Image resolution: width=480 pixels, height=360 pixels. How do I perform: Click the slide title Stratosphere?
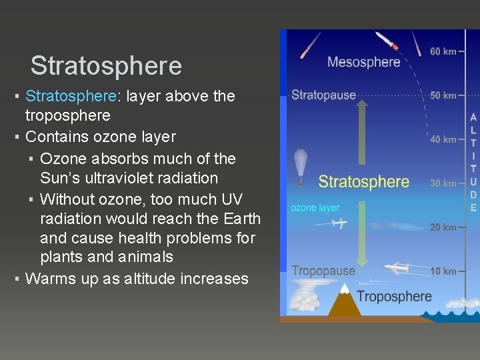click(106, 66)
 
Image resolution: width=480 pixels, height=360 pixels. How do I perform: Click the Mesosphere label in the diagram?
click(363, 62)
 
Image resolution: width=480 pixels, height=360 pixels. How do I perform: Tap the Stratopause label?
click(323, 95)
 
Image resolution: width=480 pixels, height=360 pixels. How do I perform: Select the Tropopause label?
click(323, 271)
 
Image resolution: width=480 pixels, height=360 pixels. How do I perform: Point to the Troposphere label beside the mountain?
click(394, 296)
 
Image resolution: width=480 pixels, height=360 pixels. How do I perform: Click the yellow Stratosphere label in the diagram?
click(363, 181)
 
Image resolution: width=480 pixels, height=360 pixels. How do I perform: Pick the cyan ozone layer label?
click(315, 208)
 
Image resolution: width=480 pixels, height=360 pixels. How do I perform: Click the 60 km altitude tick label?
click(443, 51)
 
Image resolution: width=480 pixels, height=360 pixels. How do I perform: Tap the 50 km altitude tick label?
click(443, 95)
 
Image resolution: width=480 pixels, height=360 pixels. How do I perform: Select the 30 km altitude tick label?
click(443, 183)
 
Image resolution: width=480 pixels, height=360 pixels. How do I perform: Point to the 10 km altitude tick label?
click(443, 271)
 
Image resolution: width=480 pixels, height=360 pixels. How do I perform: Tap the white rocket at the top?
click(387, 41)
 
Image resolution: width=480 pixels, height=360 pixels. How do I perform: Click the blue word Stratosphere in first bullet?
click(71, 96)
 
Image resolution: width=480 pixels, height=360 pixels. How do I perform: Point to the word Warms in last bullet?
click(50, 279)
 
